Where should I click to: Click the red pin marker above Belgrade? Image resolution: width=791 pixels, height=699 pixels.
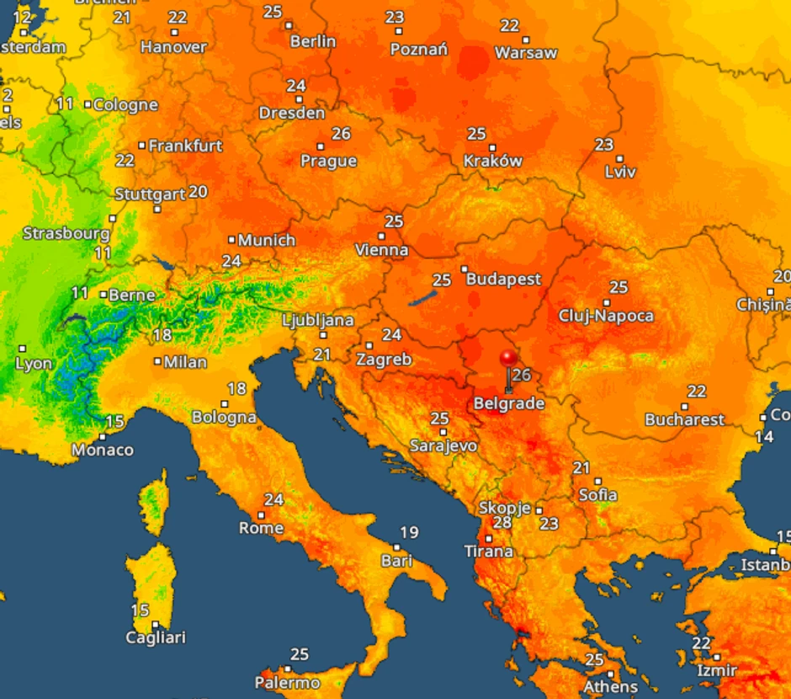[508, 359]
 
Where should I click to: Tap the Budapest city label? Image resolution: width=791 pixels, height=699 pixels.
[503, 279]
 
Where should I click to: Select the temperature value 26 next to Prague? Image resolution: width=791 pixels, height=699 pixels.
[341, 134]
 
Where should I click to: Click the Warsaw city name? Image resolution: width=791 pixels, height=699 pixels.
[526, 53]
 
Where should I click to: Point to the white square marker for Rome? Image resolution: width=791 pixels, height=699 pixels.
[261, 515]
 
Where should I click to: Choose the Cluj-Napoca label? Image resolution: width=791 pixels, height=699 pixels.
[606, 316]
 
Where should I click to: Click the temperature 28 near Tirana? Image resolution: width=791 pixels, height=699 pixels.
[502, 523]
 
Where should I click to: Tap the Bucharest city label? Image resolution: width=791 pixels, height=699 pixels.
[684, 419]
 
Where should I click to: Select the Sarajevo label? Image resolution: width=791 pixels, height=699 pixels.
[443, 446]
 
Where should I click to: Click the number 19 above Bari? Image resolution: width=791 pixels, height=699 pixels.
[409, 532]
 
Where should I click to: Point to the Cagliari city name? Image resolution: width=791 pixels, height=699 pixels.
[156, 638]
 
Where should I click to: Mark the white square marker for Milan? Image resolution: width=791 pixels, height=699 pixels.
[157, 362]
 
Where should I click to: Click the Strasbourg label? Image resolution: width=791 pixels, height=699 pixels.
[66, 233]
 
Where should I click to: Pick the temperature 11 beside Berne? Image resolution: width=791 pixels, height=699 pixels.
[80, 293]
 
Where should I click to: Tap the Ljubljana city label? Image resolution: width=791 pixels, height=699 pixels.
[318, 321]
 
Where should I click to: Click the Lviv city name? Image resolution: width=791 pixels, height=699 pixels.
[620, 172]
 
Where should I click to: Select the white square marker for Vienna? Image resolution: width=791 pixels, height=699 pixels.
[382, 236]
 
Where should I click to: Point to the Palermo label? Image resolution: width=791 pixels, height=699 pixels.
[288, 682]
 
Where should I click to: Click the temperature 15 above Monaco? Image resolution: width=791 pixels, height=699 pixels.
[115, 421]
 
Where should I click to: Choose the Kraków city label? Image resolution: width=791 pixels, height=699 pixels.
[493, 161]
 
